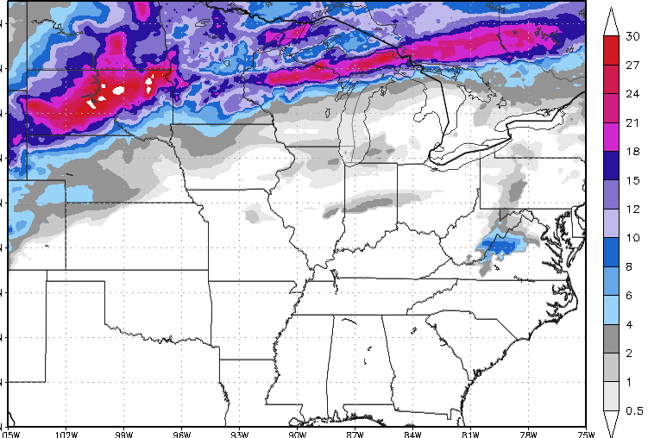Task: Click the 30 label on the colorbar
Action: point(632,36)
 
